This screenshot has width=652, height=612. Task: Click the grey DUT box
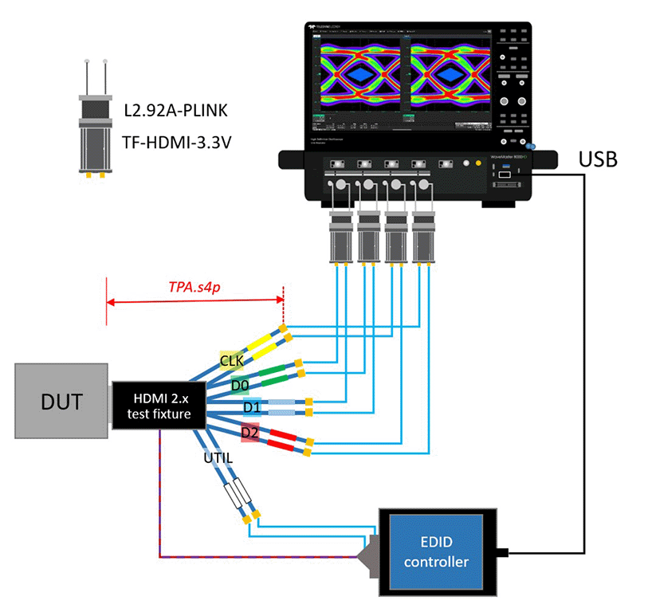[61, 402]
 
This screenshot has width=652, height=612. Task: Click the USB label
[598, 159]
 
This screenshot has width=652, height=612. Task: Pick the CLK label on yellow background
[230, 362]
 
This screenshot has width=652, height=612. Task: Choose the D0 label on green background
[240, 386]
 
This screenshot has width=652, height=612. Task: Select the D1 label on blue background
[252, 408]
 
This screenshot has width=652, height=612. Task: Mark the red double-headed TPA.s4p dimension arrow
[194, 302]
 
